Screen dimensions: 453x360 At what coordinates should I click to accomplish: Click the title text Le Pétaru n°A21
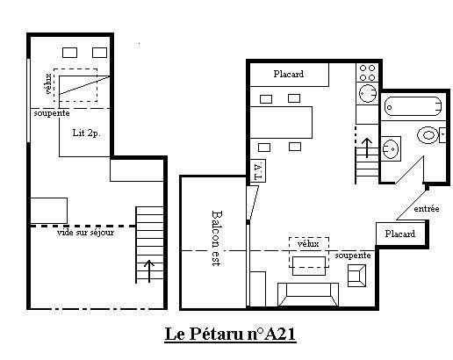tap(230, 334)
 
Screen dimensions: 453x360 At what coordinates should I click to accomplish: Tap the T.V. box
tap(258, 171)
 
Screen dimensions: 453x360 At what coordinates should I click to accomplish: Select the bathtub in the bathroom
tap(413, 106)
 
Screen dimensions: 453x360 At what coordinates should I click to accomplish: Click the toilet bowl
tap(428, 135)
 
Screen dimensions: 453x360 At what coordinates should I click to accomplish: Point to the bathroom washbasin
tap(391, 148)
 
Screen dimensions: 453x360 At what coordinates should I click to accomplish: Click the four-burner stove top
tap(368, 73)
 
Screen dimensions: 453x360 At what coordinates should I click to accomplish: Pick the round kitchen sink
tap(368, 93)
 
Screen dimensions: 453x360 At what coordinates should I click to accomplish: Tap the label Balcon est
tap(217, 238)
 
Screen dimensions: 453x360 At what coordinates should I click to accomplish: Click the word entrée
tap(427, 209)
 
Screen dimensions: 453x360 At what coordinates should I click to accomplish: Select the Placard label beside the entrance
tap(399, 234)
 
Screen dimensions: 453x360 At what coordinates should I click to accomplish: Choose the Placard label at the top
tap(289, 74)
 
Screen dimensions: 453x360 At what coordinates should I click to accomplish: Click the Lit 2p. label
tap(86, 133)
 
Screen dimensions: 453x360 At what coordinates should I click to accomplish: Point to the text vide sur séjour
tap(85, 233)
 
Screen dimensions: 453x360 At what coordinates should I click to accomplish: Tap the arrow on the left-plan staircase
tap(149, 271)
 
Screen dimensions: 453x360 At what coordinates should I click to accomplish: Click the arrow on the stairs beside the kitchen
tap(367, 148)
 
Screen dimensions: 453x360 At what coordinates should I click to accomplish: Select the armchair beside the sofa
tap(356, 276)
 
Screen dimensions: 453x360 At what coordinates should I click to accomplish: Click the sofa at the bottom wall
tap(308, 294)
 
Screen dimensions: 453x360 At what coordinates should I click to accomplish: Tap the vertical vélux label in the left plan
tap(48, 83)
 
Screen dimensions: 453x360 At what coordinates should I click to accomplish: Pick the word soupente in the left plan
tap(52, 113)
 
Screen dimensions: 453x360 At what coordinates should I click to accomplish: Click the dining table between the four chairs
tap(281, 122)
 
